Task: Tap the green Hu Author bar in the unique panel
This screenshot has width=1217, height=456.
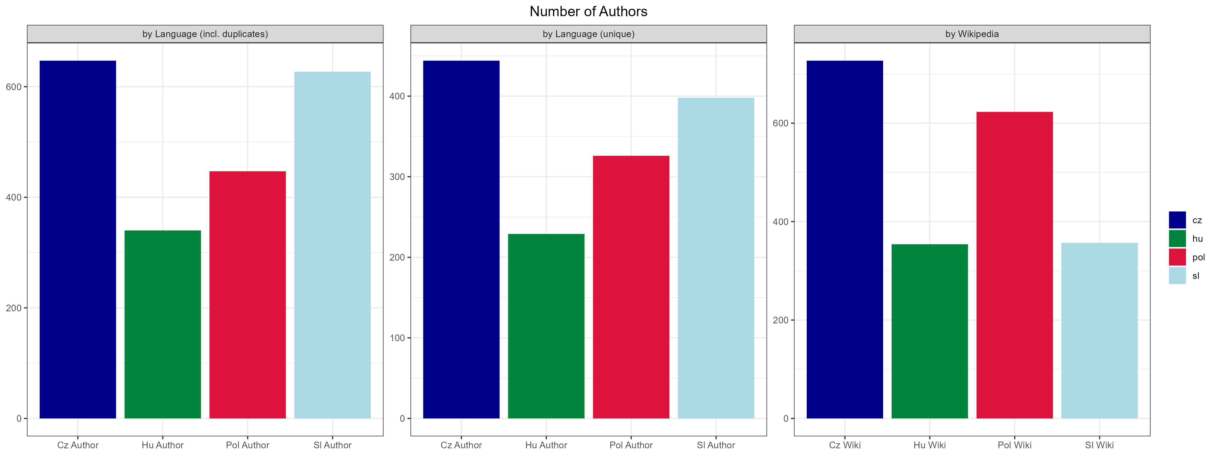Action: point(546,326)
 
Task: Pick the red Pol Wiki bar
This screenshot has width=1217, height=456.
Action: point(1014,265)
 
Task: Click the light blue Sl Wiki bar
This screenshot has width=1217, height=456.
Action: point(1099,330)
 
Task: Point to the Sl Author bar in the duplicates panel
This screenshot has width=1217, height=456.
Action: point(333,245)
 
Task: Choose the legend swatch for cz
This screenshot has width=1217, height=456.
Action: point(1177,220)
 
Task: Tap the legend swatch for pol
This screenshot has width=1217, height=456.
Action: point(1177,257)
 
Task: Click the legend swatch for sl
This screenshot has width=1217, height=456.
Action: point(1177,276)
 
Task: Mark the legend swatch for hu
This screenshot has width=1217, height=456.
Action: point(1177,238)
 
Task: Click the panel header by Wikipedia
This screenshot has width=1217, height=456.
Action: point(972,34)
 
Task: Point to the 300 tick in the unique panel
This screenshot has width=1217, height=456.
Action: point(396,177)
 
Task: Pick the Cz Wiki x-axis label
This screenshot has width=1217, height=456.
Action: point(845,445)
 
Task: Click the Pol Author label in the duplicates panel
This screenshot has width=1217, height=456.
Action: point(248,445)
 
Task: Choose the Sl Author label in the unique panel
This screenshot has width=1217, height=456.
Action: point(716,445)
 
